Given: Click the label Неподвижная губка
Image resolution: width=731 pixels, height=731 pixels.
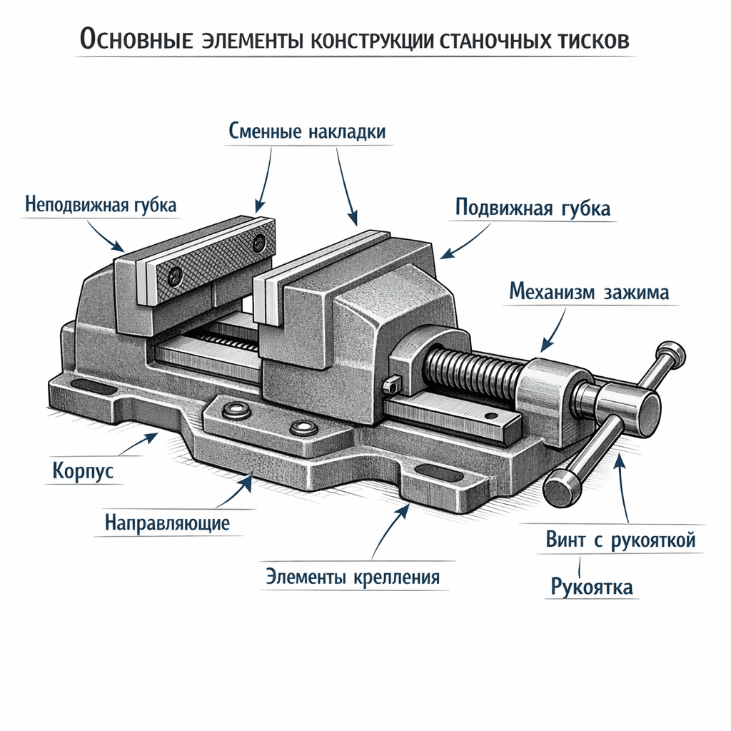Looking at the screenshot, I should [x=101, y=205].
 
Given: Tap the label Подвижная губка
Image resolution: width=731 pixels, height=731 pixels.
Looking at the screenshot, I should [x=533, y=208].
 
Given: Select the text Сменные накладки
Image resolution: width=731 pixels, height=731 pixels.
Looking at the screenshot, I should [x=308, y=131].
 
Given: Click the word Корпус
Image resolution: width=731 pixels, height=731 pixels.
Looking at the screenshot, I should [x=83, y=472].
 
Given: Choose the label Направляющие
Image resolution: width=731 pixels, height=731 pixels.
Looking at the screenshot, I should [x=167, y=523].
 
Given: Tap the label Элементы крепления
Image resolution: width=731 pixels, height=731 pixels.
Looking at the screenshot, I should [x=353, y=576].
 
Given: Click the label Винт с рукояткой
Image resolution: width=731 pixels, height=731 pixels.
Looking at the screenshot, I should [x=620, y=540].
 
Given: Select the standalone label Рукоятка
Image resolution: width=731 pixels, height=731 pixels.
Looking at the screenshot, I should [x=592, y=588].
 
